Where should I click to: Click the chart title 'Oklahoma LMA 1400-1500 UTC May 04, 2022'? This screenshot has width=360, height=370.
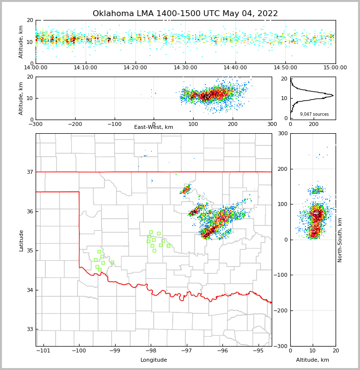(185, 14)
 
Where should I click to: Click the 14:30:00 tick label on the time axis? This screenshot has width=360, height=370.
(185, 68)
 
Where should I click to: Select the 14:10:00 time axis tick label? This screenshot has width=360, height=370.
(86, 68)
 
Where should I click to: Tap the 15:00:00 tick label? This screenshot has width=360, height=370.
(335, 68)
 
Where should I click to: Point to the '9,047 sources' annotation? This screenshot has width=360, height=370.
(314, 114)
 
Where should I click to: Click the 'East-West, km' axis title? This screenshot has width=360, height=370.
(154, 127)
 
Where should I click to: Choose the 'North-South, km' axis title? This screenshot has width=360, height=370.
(340, 240)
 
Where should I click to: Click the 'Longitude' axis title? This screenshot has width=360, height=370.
(154, 360)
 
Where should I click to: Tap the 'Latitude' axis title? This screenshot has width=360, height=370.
(21, 240)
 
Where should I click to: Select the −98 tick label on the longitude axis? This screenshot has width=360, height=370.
(150, 351)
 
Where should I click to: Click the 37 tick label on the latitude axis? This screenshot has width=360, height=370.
(29, 172)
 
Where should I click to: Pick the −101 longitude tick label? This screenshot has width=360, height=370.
(43, 351)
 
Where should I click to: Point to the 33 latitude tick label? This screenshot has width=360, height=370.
(29, 329)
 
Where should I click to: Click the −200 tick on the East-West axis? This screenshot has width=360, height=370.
(75, 124)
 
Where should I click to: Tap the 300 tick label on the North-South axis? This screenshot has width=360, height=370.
(282, 134)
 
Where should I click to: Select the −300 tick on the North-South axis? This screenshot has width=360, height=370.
(280, 346)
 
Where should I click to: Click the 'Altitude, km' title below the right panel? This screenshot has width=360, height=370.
(313, 360)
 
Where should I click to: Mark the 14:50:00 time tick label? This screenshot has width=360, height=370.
(285, 68)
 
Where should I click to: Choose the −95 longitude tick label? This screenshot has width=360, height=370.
(258, 351)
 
